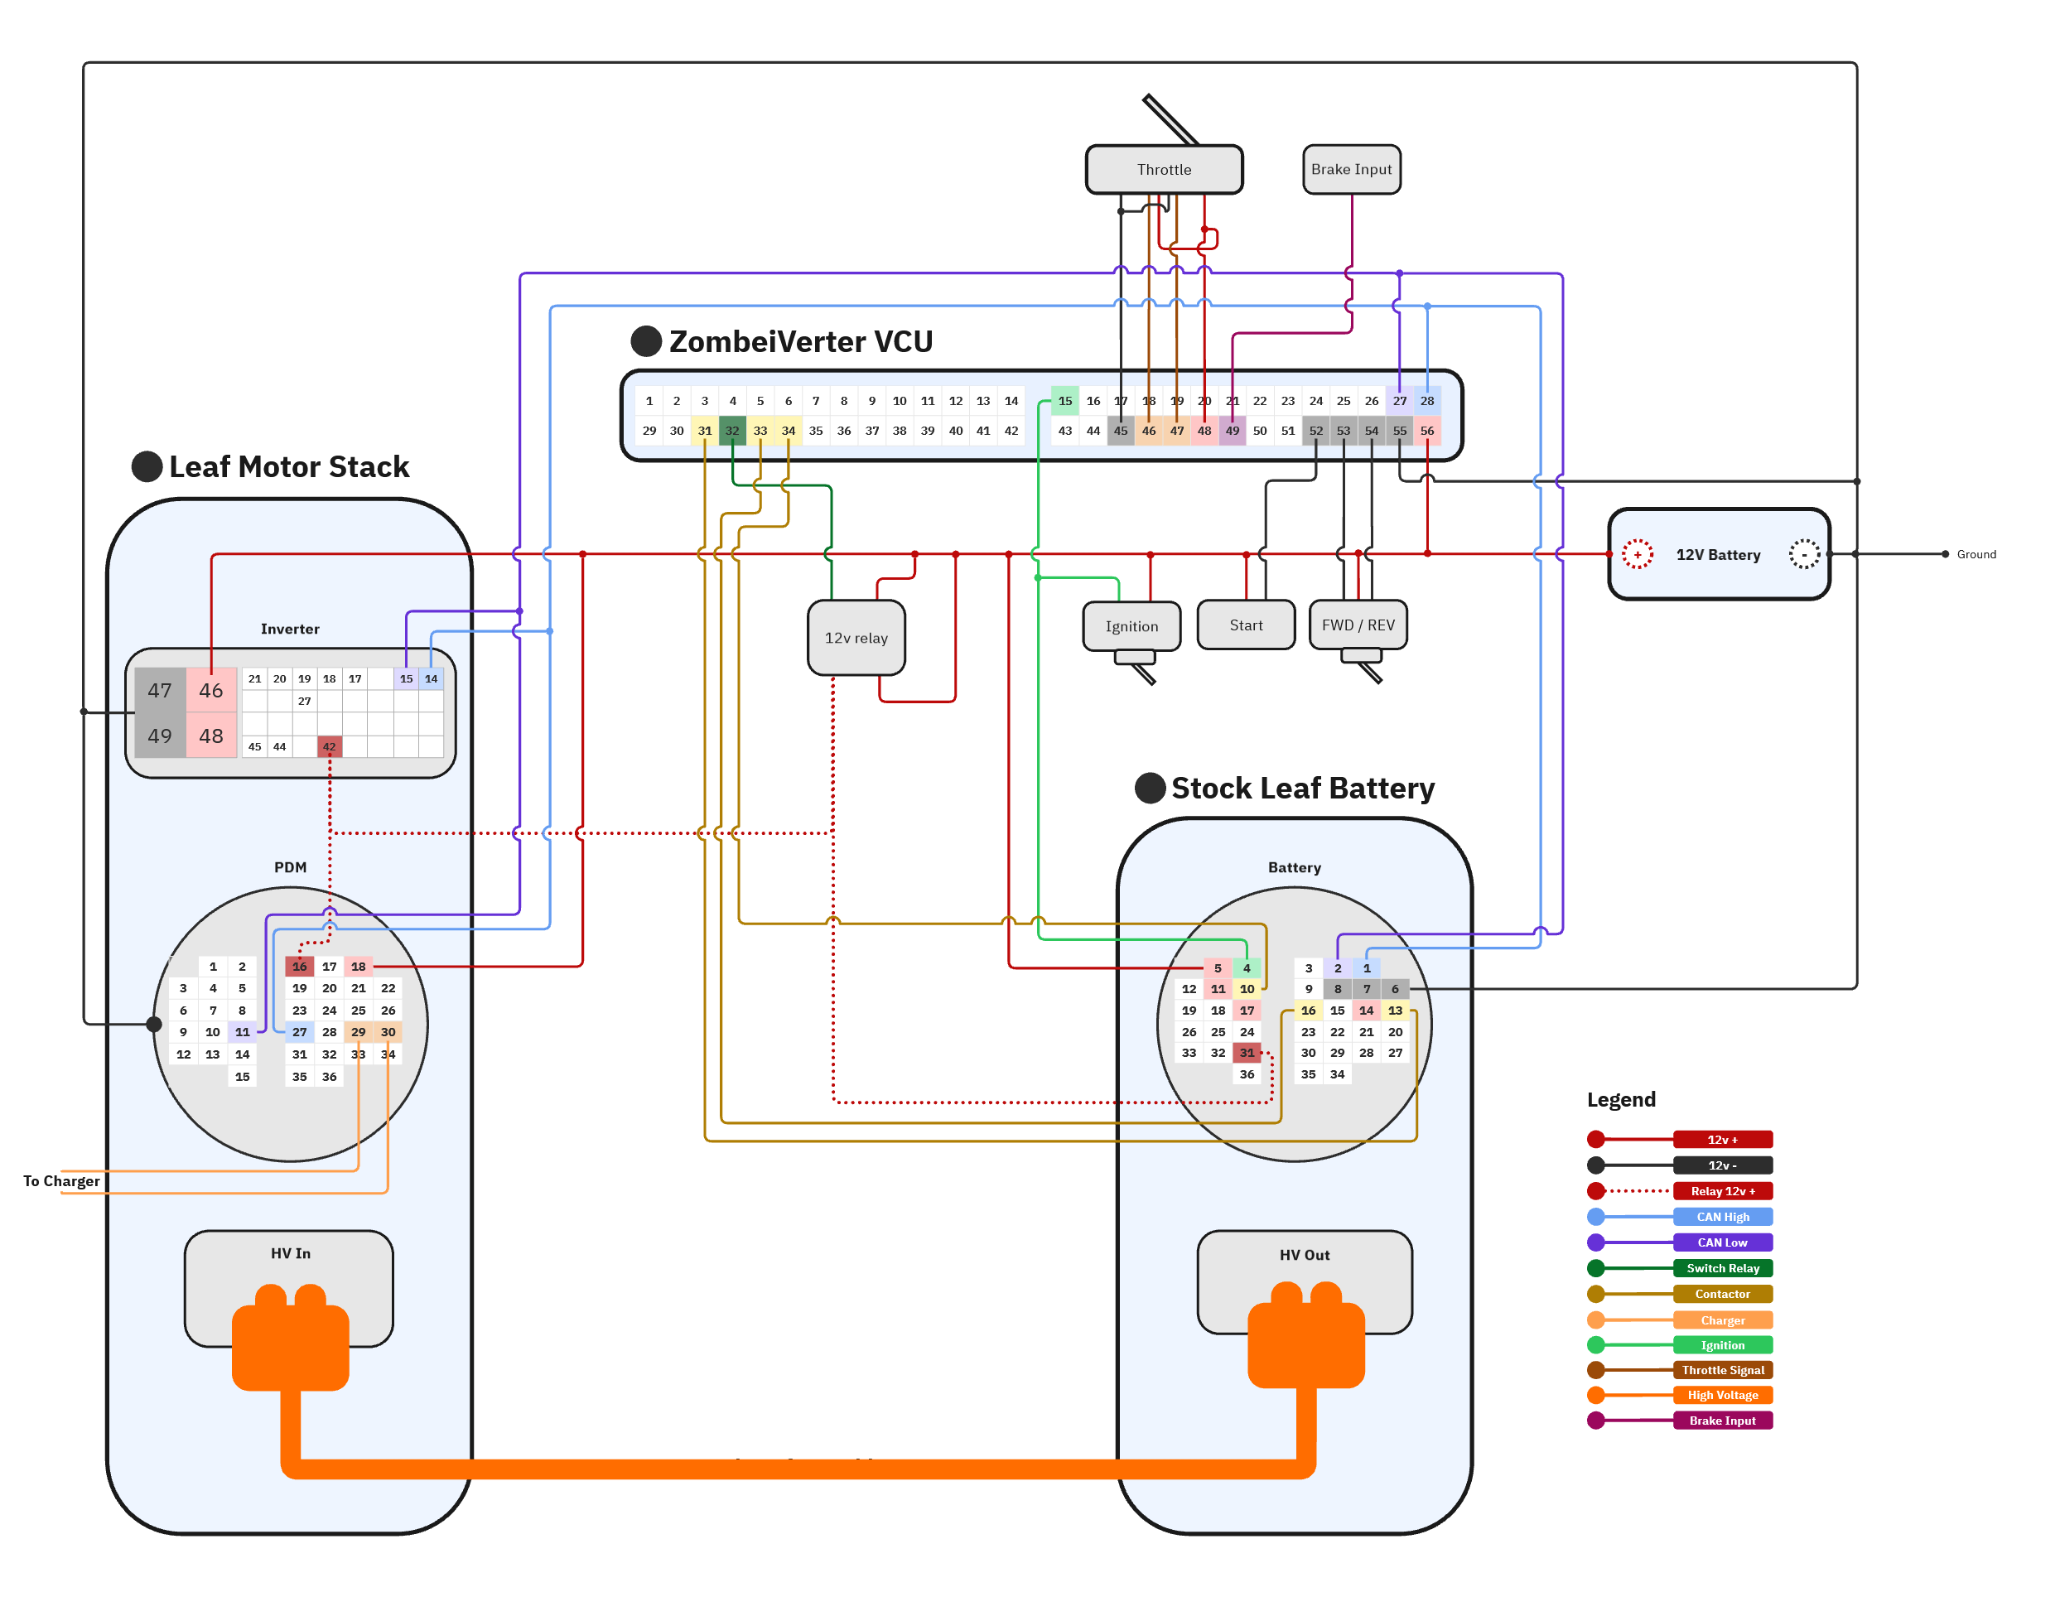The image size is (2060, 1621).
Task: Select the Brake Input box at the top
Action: coord(1350,169)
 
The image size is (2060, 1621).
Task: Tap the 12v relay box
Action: coord(855,638)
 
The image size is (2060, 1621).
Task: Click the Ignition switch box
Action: coord(1131,626)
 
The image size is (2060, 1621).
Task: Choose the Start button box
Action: coord(1245,625)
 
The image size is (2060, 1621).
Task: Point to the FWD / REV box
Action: coord(1357,625)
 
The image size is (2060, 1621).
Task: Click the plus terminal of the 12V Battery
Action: coord(1636,554)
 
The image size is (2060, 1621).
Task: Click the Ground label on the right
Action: coord(1976,554)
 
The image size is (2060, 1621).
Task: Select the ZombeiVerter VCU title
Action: coord(800,340)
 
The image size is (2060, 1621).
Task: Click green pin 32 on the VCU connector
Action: coord(731,430)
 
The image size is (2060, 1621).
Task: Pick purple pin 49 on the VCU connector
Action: coord(1231,430)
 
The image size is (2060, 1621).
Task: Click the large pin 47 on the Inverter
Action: coord(159,690)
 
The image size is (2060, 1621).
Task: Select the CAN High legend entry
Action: coord(1721,1216)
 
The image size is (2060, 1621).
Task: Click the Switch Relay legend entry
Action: coord(1721,1267)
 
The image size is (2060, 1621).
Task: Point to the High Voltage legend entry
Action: coord(1721,1394)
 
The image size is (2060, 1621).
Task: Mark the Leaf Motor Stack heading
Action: coord(288,466)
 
